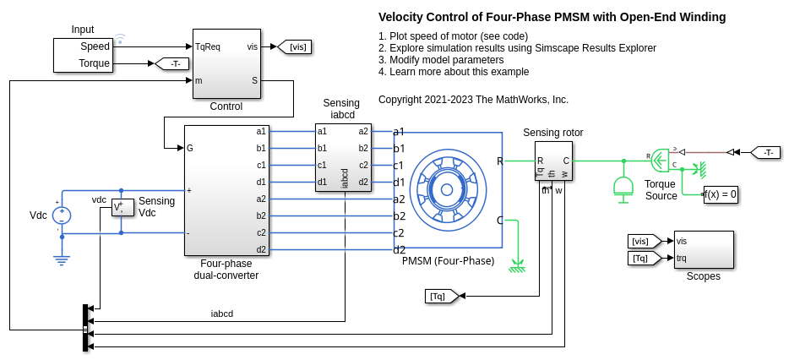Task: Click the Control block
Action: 226,64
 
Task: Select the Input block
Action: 83,55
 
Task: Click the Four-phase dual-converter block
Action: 226,190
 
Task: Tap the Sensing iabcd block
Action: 342,157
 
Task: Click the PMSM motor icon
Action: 448,188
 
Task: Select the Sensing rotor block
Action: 553,161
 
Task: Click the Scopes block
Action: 703,250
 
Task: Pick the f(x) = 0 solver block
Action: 721,194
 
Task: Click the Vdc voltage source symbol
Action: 62,215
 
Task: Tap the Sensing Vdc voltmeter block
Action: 122,208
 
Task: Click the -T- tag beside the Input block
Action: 171,63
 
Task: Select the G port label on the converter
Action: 190,148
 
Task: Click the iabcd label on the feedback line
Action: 222,314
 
